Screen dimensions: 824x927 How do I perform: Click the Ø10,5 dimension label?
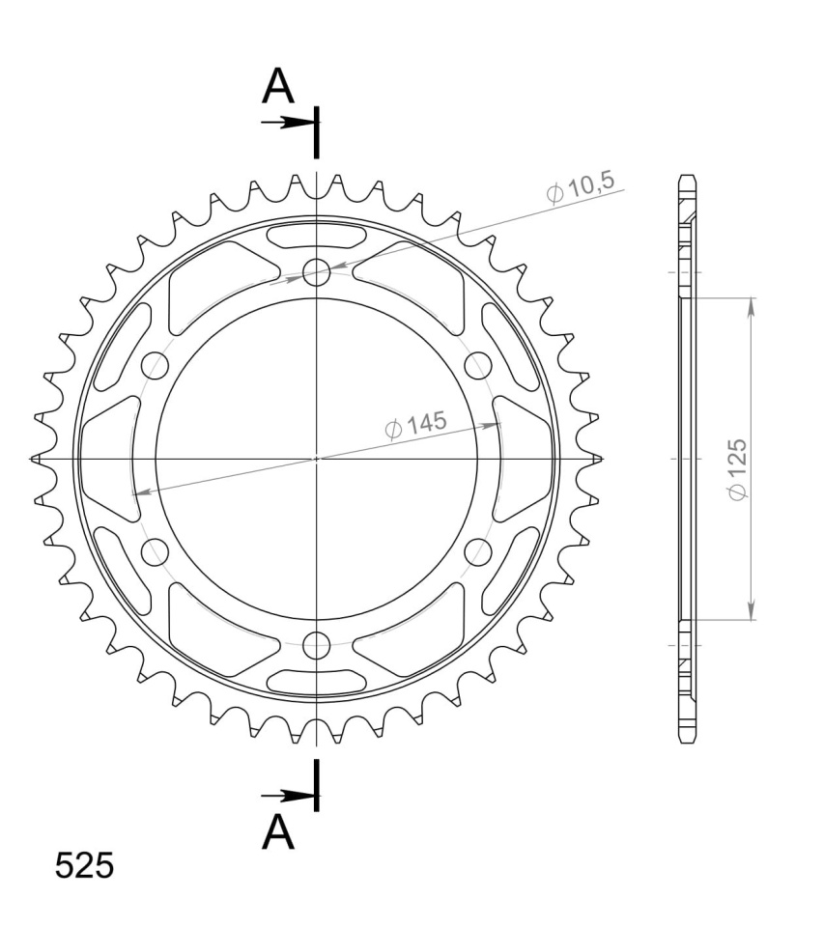[x=581, y=187]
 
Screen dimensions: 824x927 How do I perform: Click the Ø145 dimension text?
[x=415, y=425]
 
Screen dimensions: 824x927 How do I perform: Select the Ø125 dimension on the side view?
[x=738, y=469]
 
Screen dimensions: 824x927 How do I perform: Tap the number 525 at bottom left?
[x=84, y=866]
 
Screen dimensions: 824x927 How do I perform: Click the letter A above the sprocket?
[x=278, y=86]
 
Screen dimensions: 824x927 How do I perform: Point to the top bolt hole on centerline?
[x=317, y=272]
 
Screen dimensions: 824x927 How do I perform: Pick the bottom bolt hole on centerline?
[x=317, y=644]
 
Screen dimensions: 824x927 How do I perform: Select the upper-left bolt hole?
[x=156, y=365]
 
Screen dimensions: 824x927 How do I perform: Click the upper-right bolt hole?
[x=478, y=365]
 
